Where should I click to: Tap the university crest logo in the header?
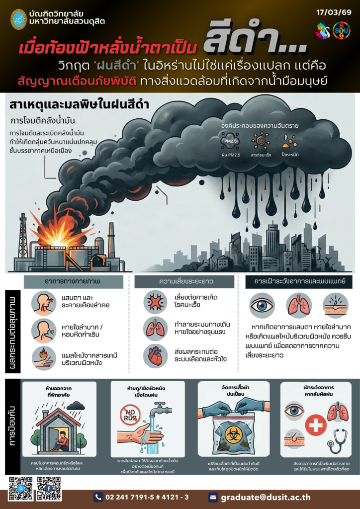[18, 19]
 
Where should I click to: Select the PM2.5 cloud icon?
[230, 141]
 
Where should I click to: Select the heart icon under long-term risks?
[155, 356]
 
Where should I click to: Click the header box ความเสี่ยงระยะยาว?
[184, 282]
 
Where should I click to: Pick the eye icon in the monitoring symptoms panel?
[262, 305]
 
